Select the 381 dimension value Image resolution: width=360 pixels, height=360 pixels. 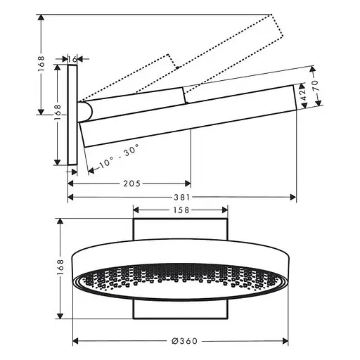click(x=181, y=198)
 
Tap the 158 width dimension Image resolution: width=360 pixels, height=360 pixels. click(x=180, y=210)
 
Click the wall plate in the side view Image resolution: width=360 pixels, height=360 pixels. click(x=72, y=116)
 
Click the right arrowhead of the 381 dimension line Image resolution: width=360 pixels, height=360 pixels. click(x=293, y=198)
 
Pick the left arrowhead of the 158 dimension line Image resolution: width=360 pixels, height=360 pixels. click(x=136, y=210)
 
